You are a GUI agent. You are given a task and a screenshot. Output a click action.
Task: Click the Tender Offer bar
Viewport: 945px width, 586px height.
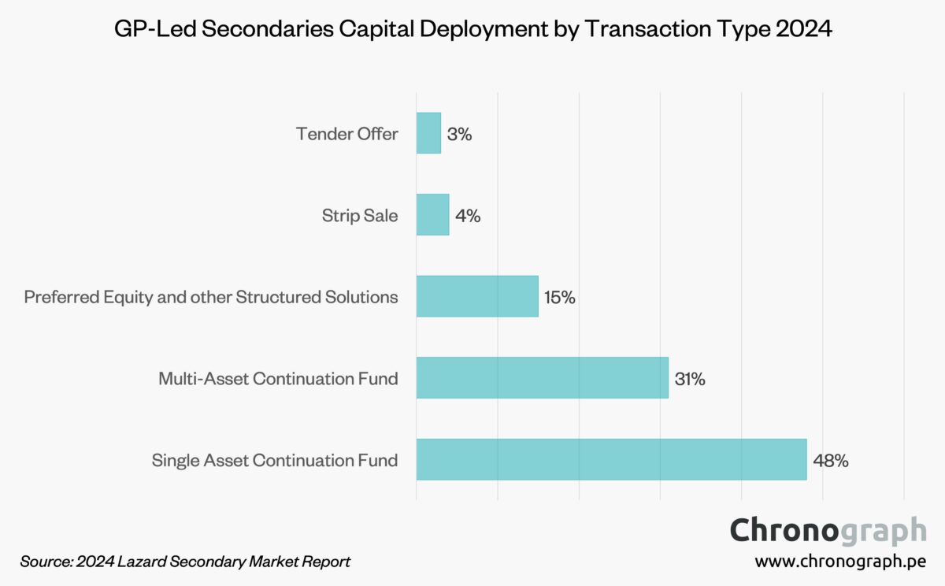tap(428, 133)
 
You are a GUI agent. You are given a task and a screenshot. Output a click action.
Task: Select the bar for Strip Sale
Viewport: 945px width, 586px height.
tap(432, 215)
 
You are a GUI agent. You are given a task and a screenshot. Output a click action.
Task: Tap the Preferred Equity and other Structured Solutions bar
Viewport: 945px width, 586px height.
tap(477, 296)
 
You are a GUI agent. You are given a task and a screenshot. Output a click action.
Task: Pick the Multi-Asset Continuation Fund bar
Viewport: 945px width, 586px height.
tap(542, 378)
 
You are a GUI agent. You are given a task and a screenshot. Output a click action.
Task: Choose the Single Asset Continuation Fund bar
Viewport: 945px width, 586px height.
tap(611, 459)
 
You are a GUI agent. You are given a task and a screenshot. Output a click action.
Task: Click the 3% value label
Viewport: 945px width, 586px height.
tap(459, 134)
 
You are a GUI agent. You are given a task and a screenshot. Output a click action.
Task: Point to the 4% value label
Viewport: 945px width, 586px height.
tap(468, 216)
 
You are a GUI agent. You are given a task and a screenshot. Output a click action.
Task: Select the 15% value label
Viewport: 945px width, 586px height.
tap(559, 298)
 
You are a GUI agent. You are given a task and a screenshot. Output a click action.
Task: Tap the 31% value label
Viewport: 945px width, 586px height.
tap(690, 379)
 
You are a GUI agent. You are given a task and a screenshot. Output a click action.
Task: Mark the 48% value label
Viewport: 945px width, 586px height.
tap(831, 461)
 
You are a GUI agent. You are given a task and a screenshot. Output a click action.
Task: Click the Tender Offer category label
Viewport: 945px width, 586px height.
tap(347, 134)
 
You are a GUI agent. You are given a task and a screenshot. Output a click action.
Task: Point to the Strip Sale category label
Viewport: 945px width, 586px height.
tap(360, 216)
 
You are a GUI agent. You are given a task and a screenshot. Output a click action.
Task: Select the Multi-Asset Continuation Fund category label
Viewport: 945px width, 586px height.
tap(278, 379)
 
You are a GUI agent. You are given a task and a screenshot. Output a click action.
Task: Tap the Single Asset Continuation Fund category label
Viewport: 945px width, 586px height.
tap(275, 461)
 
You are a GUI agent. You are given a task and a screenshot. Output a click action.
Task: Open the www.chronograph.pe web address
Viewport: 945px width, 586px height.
tap(840, 562)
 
